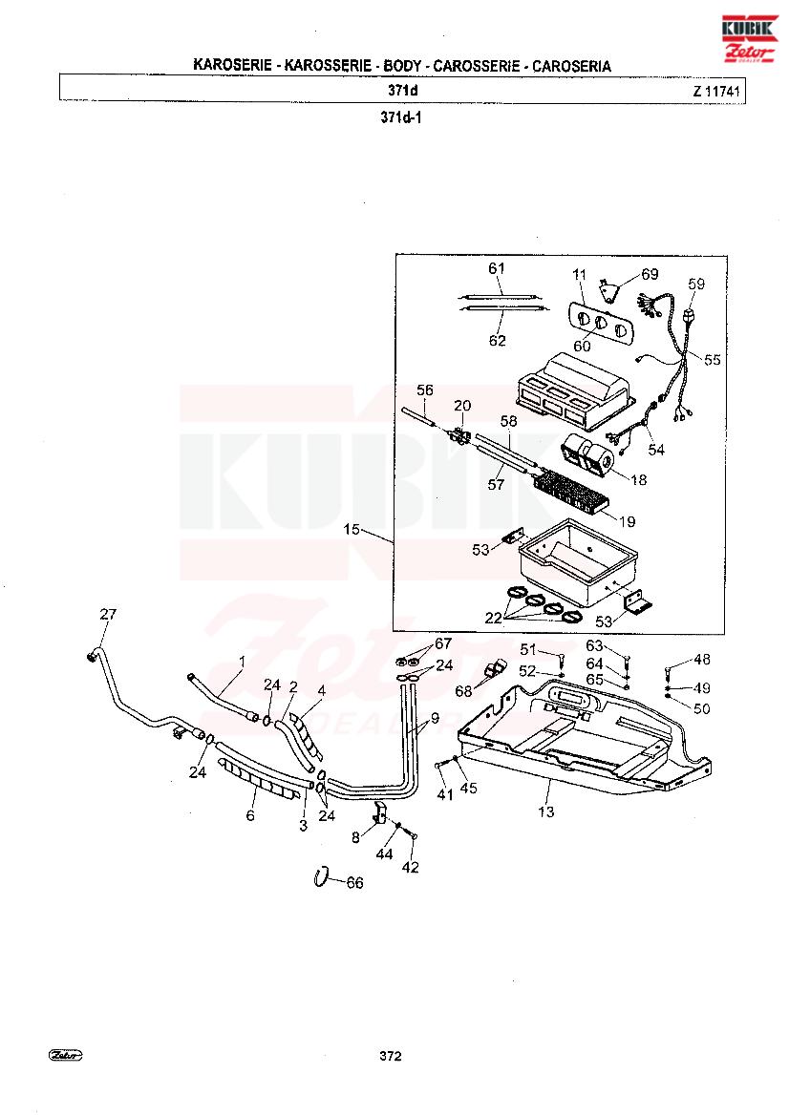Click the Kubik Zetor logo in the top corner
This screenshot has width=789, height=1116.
(x=749, y=38)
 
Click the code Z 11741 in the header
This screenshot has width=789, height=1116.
(x=715, y=91)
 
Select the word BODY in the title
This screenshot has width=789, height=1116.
(x=402, y=66)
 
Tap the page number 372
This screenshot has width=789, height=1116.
(x=391, y=1056)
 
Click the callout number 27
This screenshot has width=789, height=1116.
(x=108, y=614)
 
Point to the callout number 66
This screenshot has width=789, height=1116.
(x=354, y=883)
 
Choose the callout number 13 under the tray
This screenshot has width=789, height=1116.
(x=546, y=812)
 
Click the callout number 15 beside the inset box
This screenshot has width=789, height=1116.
(x=352, y=530)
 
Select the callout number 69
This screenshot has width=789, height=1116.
(x=650, y=274)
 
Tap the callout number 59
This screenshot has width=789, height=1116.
(x=695, y=284)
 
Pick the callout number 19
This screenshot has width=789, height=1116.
(x=627, y=521)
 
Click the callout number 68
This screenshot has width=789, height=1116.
(x=463, y=691)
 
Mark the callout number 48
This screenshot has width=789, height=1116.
(x=701, y=660)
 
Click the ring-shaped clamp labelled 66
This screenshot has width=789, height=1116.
(x=321, y=877)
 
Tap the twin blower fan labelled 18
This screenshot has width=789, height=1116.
(x=589, y=456)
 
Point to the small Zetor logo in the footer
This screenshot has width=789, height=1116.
(x=66, y=1055)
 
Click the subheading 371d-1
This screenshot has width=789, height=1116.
(x=401, y=117)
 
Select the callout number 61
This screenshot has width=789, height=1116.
(x=497, y=268)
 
